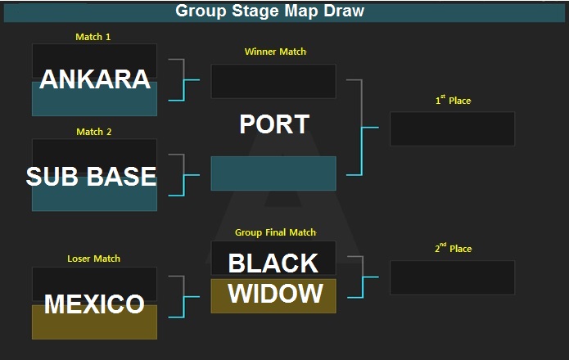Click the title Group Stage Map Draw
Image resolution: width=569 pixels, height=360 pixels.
269,11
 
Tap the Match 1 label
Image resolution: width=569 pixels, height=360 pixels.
93,37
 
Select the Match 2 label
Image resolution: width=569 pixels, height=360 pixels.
93,132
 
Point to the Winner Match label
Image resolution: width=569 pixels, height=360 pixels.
275,52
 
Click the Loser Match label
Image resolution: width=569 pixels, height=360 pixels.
93,259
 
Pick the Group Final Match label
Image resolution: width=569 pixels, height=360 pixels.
275,232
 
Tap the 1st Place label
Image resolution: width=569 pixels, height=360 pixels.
453,100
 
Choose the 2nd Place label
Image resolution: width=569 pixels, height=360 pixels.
454,248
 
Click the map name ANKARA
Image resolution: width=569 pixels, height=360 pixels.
95,79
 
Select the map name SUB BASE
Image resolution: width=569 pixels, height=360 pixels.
91,176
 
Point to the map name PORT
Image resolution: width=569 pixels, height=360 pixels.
274,124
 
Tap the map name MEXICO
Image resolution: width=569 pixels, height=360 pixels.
94,304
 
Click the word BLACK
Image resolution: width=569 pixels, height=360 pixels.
273,263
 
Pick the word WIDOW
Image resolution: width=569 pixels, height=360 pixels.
275,293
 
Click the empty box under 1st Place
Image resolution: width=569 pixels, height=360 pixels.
452,128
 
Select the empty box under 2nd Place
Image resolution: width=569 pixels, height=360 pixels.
452,277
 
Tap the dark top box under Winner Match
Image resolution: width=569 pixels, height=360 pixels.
273,81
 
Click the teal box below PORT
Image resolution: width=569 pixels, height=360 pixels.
273,173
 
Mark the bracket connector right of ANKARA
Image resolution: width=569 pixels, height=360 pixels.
184,79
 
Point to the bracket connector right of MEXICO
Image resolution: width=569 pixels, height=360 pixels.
184,296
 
